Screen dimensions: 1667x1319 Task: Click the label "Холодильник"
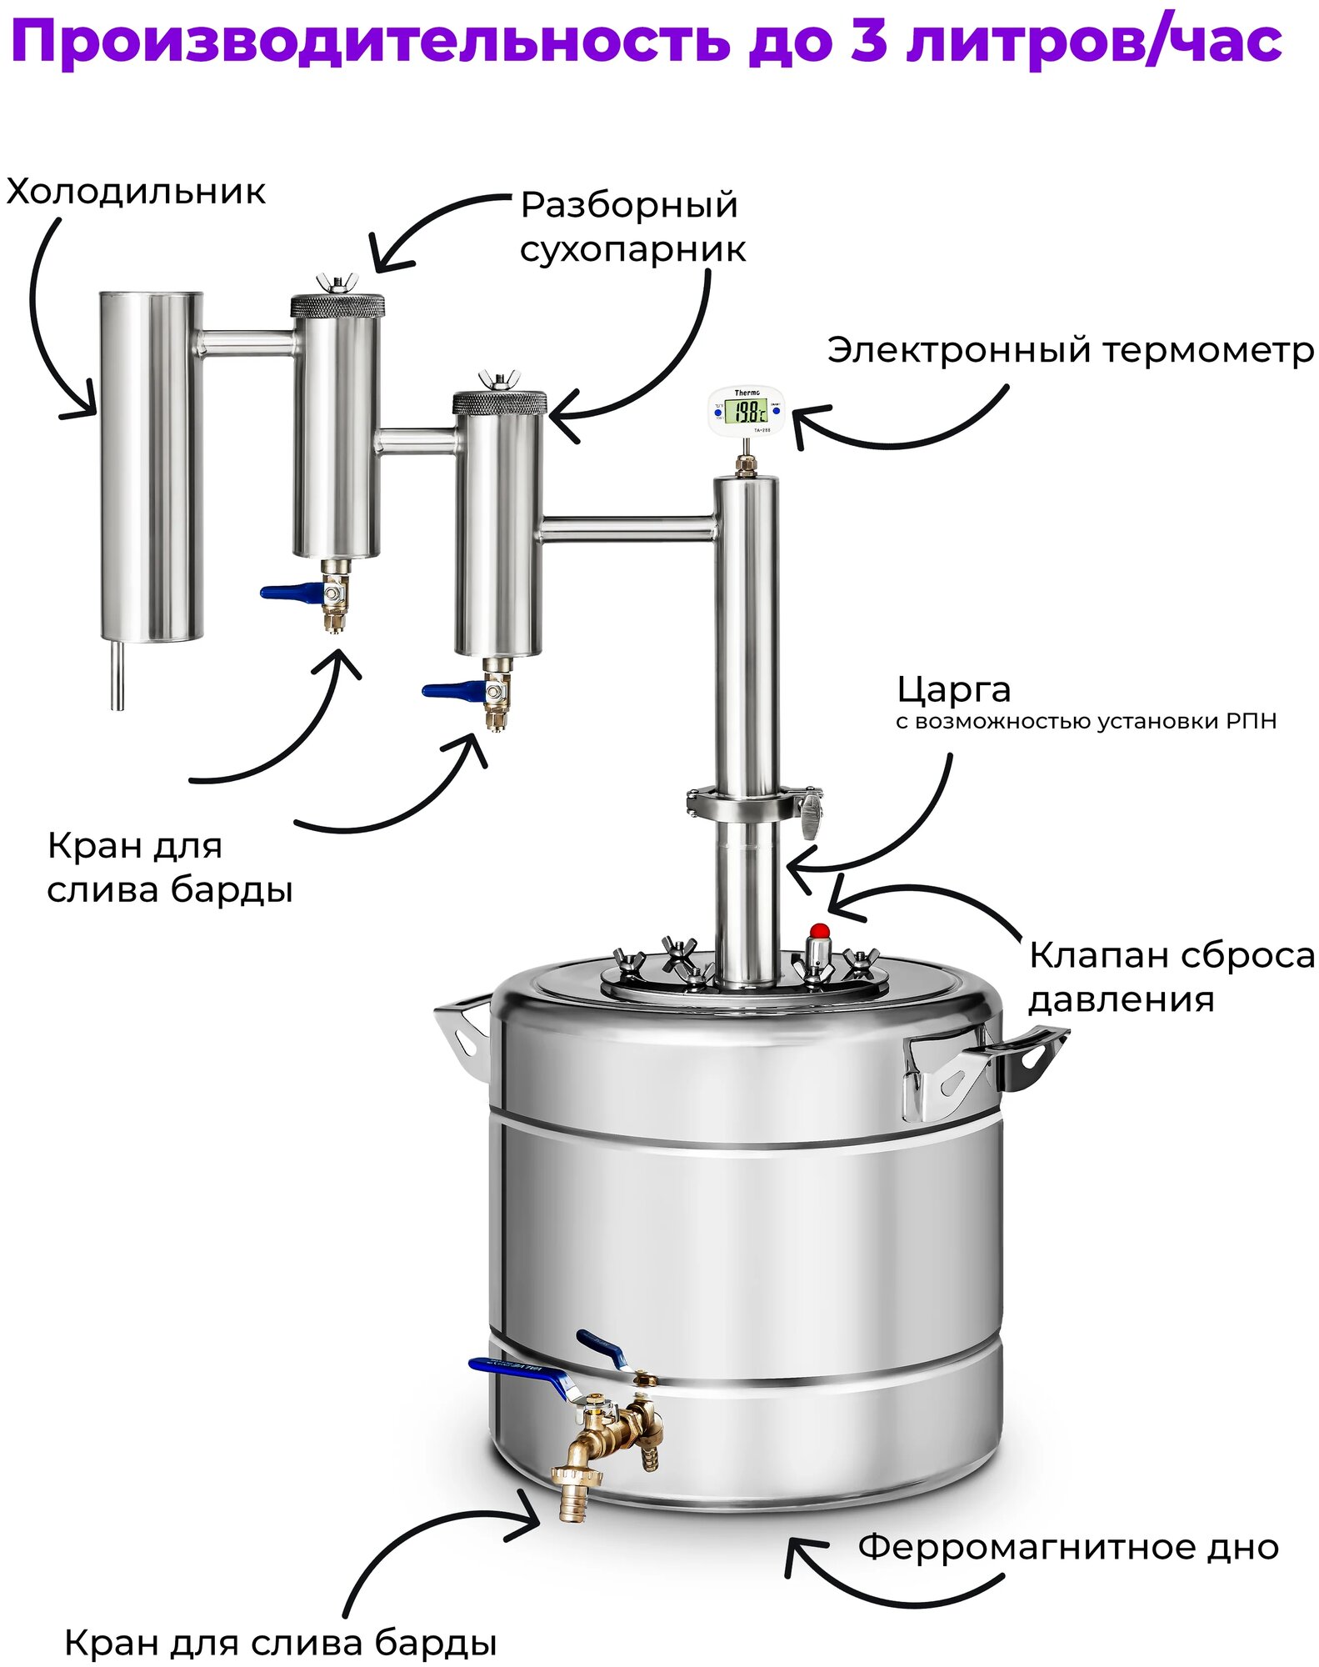pos(136,193)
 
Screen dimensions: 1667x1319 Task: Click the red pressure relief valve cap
pos(820,931)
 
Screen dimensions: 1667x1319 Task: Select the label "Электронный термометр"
pos(1070,351)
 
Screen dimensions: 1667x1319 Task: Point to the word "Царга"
pos(954,690)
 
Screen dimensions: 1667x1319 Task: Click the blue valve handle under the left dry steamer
pos(291,593)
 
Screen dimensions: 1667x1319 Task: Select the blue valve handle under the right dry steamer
pos(452,690)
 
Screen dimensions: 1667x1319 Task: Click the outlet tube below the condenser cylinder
pos(117,674)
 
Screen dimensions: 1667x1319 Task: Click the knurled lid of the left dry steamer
pos(337,305)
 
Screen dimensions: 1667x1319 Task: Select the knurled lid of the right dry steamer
pos(499,403)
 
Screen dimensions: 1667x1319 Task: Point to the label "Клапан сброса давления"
pos(1171,977)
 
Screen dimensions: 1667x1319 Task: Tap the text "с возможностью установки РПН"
pos(1086,722)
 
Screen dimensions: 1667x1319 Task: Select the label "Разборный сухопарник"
pos(632,227)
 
